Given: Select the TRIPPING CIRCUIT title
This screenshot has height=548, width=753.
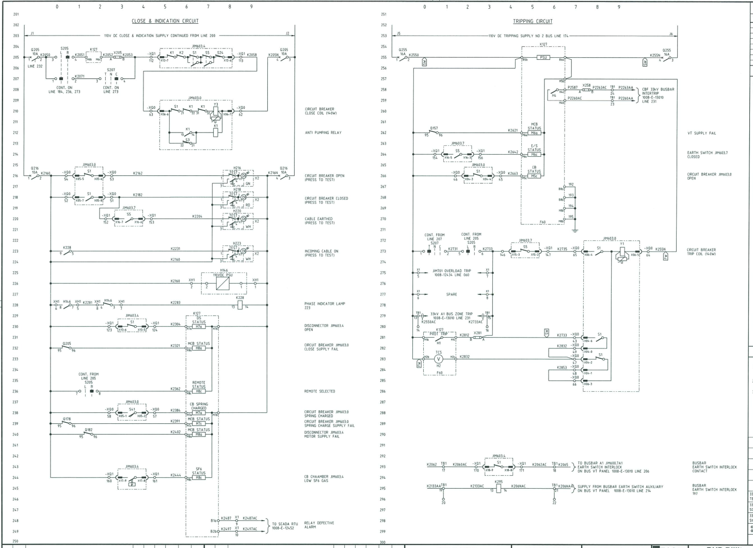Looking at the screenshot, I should [x=533, y=21].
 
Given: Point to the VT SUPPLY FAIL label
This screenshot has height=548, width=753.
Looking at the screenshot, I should [x=701, y=133].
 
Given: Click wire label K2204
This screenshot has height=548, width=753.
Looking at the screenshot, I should [x=198, y=217].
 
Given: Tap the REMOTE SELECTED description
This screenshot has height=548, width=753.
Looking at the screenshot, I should [x=319, y=391].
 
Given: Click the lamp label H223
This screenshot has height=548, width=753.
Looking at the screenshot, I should [x=237, y=243].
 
